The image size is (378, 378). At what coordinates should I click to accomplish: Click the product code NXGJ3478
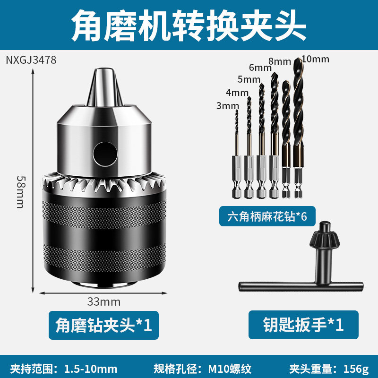(31, 60)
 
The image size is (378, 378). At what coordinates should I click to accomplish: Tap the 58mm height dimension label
(20, 192)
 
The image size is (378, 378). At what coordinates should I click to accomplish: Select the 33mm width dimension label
(103, 302)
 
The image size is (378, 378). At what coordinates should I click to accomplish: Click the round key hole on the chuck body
(105, 154)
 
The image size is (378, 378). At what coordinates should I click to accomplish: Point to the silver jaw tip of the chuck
(104, 87)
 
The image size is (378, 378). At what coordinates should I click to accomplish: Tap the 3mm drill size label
(228, 105)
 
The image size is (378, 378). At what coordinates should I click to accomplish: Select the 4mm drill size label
(237, 92)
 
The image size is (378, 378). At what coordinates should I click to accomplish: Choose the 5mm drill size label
(249, 79)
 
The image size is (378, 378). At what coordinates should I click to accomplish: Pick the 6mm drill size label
(260, 68)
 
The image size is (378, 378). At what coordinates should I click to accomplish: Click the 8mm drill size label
(280, 61)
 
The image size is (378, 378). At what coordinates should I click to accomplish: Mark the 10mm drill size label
(315, 59)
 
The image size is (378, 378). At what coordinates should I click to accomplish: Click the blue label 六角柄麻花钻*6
(267, 216)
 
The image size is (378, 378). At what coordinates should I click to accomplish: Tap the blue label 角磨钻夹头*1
(103, 325)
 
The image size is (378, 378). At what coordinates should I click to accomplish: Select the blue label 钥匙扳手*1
(303, 325)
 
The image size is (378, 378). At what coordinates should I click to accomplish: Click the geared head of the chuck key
(325, 236)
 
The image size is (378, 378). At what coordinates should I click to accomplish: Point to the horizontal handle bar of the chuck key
(301, 286)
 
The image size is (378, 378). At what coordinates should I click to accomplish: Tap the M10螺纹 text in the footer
(230, 369)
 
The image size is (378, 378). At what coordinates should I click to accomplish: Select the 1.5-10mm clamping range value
(91, 369)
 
